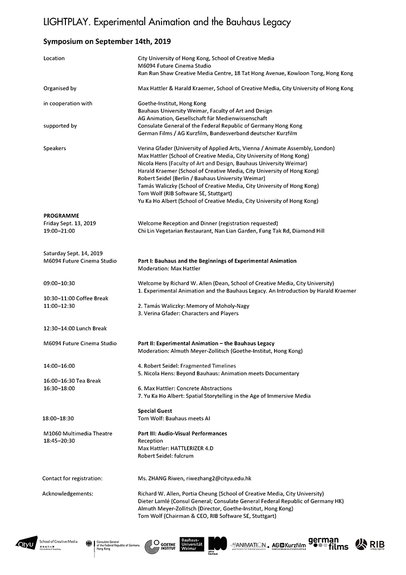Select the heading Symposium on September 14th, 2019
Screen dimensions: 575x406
(x=110, y=41)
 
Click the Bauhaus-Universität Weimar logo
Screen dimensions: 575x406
(x=192, y=544)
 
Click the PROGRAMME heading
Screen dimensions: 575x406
(x=61, y=215)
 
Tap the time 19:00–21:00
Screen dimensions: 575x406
(x=59, y=231)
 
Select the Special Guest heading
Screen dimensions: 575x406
(x=155, y=410)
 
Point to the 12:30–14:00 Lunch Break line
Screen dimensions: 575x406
(x=75, y=328)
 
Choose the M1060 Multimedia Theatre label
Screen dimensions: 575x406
(x=78, y=433)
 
